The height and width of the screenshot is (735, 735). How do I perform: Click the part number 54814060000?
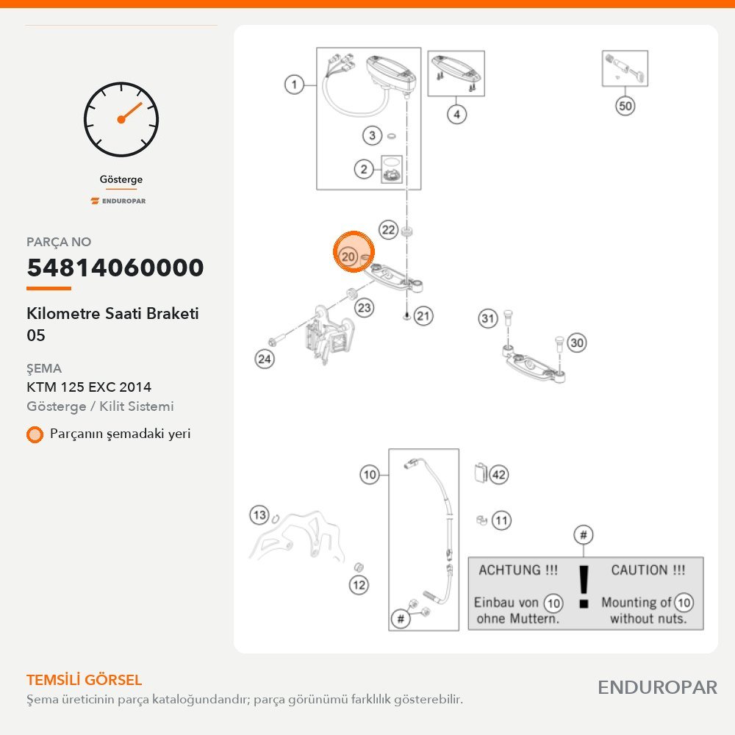115,268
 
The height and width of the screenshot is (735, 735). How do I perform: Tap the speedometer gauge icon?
121,120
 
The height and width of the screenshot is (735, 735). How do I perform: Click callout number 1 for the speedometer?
294,85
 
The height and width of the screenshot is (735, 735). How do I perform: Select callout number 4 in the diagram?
456,115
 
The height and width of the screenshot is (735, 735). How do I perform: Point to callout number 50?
625,106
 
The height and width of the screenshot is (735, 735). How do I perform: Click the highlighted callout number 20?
348,257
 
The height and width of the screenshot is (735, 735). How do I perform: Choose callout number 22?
388,229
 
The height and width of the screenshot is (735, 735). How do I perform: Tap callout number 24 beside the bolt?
265,359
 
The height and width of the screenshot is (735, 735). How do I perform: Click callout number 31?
487,319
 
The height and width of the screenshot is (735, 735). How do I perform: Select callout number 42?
499,475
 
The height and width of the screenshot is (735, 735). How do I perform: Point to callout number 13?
259,515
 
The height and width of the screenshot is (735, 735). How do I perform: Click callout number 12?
359,585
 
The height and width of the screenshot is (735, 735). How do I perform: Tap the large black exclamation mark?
584,587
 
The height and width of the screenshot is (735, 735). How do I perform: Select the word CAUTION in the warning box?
639,570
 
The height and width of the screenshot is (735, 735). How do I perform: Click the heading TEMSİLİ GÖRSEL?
84,680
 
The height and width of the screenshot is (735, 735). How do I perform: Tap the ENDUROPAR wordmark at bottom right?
657,688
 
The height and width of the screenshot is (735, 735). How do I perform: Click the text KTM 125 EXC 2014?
89,387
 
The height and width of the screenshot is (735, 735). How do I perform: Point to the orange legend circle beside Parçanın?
35,434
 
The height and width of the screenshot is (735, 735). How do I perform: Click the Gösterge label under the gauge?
121,179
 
